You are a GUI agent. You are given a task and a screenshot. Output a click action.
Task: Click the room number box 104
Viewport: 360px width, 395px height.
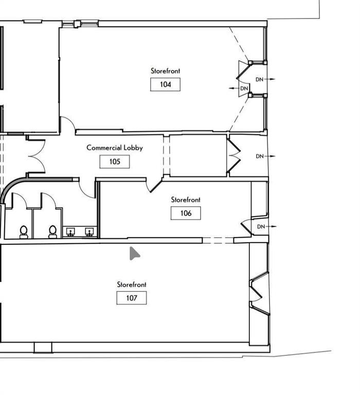(x=165, y=84)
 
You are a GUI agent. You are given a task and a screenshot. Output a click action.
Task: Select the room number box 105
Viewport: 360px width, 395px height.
(x=115, y=161)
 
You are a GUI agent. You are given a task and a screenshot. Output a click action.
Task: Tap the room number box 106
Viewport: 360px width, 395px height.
(x=186, y=213)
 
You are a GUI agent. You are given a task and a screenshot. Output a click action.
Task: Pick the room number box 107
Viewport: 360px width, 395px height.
(x=132, y=298)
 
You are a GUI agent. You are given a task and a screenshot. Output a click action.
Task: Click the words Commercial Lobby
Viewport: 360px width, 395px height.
(x=115, y=148)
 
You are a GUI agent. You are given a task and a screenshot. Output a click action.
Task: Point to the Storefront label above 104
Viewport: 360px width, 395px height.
(x=165, y=71)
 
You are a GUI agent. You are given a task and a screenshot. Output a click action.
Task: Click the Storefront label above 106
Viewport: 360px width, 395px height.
(x=186, y=200)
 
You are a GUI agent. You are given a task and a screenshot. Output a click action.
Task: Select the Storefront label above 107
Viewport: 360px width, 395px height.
(x=132, y=284)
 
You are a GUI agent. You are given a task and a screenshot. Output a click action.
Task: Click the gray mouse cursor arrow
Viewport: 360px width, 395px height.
(x=134, y=254)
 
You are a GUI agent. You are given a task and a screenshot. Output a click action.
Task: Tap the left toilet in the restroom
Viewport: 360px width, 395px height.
(x=24, y=232)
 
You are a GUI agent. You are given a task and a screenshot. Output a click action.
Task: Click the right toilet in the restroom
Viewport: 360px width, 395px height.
(x=52, y=232)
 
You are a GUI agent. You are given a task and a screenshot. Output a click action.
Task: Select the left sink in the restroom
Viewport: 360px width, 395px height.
(x=70, y=232)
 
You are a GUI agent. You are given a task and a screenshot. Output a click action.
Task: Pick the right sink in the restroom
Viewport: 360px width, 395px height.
(x=89, y=232)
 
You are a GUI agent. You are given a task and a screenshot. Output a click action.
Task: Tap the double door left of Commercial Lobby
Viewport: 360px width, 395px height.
(x=37, y=156)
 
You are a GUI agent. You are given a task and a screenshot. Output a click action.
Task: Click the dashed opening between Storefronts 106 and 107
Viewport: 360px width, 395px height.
(x=218, y=240)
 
